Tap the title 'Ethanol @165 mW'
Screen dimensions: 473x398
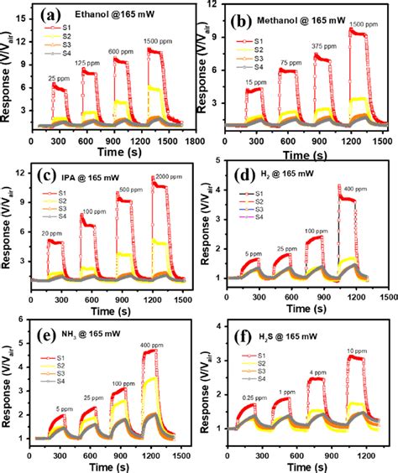[x=111, y=15]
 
